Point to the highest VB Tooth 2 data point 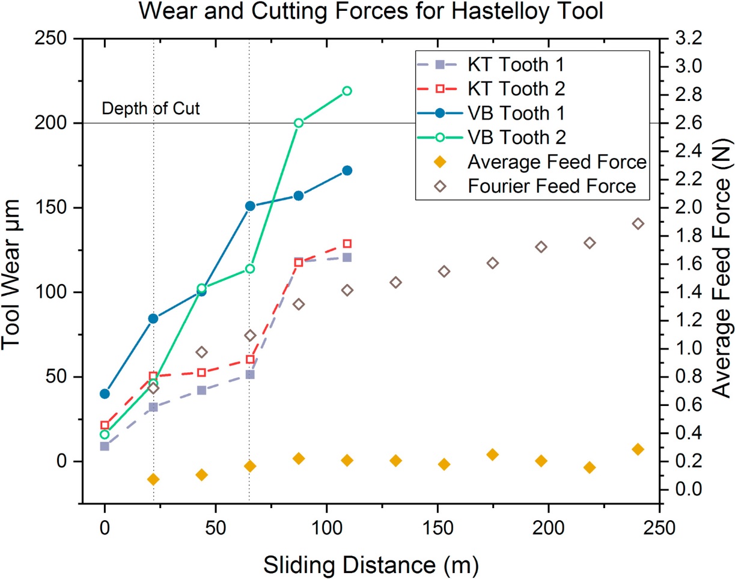tap(347, 91)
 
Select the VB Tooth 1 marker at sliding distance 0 tap(105, 394)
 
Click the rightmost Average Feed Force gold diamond tap(638, 449)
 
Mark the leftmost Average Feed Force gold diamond tap(153, 479)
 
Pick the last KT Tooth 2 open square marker tap(347, 244)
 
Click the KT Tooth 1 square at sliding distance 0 tap(105, 446)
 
